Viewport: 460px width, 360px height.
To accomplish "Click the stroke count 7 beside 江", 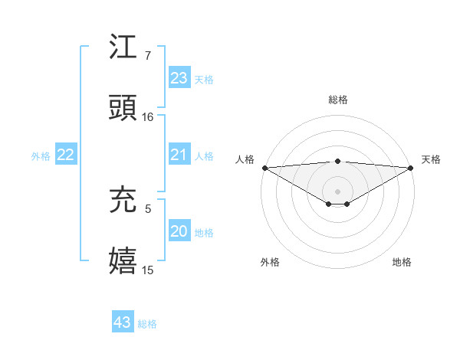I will coord(147,56).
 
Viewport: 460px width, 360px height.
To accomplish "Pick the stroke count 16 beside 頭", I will coord(148,117).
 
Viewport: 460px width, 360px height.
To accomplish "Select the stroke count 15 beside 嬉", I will coord(148,270).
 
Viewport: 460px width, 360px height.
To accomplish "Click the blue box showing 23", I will coord(179,78).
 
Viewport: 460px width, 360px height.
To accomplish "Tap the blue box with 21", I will coord(179,155).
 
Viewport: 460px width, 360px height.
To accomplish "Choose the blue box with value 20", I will coord(179,231).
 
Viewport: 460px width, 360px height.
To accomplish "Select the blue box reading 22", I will coord(66,155).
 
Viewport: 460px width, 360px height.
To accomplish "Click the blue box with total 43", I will coord(122,322).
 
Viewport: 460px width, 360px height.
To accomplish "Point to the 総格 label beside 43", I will coord(147,324).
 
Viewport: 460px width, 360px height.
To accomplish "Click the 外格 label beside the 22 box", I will coord(41,156).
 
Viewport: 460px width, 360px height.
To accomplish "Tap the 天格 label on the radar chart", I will coord(431,159).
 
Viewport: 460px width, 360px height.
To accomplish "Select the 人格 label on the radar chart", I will coord(245,159).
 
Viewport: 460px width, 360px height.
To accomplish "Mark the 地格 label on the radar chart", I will coord(402,262).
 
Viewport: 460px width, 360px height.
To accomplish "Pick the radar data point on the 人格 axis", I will coord(264,168).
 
